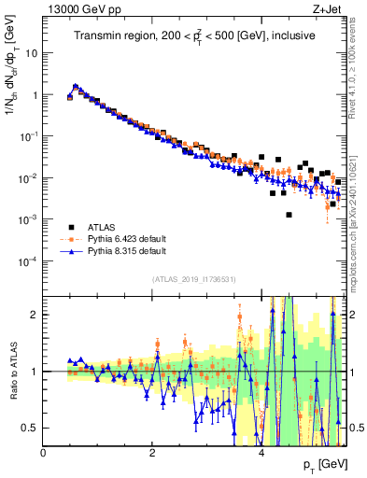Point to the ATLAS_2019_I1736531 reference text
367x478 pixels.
(x=193, y=279)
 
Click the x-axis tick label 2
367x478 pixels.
(x=152, y=452)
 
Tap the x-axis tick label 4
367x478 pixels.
(x=261, y=452)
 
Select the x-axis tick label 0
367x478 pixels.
(x=44, y=452)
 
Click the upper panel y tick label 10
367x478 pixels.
(x=32, y=53)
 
